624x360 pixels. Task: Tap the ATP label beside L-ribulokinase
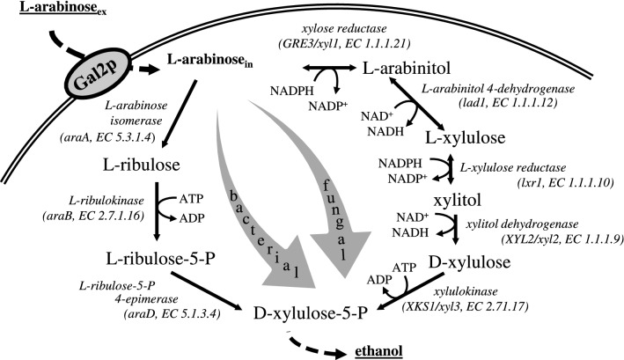tap(200, 199)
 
